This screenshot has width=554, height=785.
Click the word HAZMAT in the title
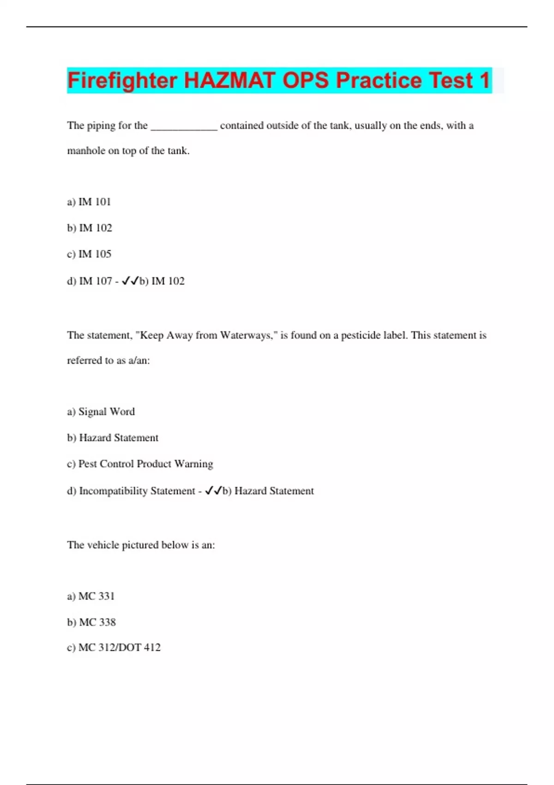tap(229, 80)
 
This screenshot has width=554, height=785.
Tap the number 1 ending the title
tap(484, 80)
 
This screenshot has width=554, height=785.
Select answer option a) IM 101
tap(89, 202)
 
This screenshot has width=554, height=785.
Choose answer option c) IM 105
tap(89, 254)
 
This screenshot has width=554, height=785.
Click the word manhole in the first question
tap(86, 151)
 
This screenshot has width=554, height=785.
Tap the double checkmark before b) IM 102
tap(130, 281)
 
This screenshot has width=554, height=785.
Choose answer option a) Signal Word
tap(101, 411)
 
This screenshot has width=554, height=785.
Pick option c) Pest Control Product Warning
tap(140, 464)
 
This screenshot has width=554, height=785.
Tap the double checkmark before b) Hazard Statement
tap(213, 490)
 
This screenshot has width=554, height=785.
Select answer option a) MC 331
tap(91, 596)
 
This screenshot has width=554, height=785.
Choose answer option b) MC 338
tap(91, 622)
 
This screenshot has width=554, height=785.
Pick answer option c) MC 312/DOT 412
tap(114, 647)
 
